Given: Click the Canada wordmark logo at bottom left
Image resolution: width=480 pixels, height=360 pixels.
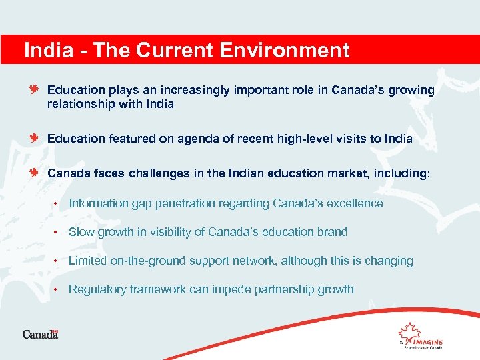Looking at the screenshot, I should (41, 334).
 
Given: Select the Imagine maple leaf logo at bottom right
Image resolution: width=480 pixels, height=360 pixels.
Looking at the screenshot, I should (419, 335).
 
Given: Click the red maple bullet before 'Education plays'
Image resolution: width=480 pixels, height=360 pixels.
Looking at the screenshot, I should (35, 89).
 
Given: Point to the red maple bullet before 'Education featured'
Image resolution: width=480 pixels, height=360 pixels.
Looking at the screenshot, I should (35, 138).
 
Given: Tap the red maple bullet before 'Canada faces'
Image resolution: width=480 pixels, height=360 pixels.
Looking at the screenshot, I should (35, 173).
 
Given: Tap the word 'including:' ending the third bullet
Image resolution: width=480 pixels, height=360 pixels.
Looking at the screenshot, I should (401, 173).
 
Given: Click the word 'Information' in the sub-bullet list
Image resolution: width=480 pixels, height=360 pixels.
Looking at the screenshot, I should (98, 203).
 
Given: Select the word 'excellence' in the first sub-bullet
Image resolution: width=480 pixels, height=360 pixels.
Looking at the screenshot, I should (354, 203).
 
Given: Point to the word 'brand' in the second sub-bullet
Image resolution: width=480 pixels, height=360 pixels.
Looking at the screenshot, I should (332, 232).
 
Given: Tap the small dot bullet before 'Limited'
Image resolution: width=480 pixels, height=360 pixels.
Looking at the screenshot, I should (57, 261).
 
